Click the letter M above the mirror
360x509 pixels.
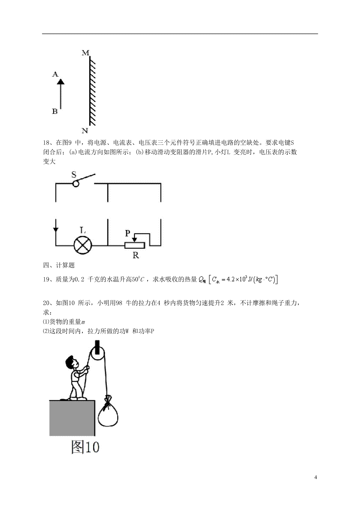(85, 53)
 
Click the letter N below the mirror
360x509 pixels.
(85, 131)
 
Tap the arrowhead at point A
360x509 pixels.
(61, 81)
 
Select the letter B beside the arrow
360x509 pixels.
(55, 111)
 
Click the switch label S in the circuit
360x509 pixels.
(74, 174)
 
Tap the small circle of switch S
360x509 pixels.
(76, 183)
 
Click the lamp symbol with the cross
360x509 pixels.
(83, 246)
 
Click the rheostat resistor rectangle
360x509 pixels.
(135, 246)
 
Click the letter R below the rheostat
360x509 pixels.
(136, 256)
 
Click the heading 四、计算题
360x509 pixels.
(59, 265)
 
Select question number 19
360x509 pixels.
(46, 279)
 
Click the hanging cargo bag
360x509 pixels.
(108, 413)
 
